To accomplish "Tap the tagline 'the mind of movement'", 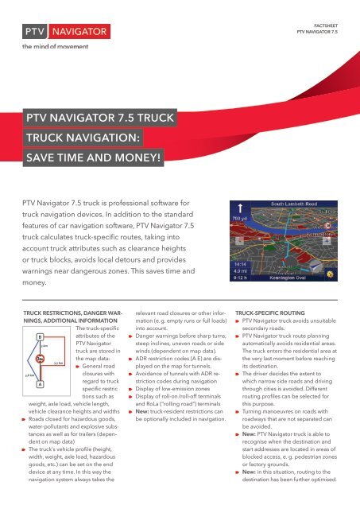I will [x=48, y=47].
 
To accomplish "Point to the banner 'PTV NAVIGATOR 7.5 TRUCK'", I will [x=95, y=117].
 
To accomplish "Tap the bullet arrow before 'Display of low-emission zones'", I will [x=130, y=411].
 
